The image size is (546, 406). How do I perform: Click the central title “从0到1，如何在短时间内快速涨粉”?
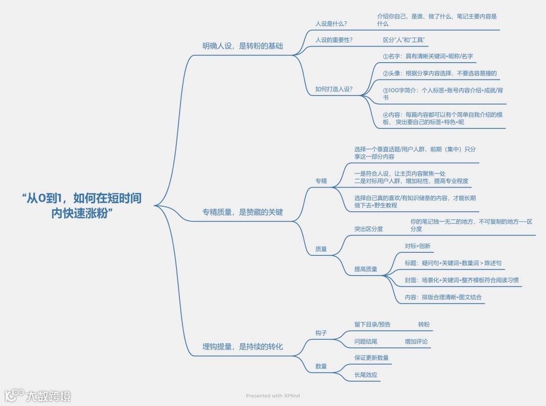81,205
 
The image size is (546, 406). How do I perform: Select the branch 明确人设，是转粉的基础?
243,46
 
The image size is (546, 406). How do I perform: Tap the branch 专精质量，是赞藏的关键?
243,212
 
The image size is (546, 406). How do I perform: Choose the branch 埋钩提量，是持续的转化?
243,347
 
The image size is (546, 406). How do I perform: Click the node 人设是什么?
331,24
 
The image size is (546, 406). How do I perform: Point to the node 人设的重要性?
334,40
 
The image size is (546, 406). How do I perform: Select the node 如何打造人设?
334,89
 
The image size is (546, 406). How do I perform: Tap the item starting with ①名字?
428,56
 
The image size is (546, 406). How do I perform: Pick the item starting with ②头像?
439,73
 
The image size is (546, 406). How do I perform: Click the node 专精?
321,181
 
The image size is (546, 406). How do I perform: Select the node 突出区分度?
369,229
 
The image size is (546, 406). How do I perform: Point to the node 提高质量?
366,269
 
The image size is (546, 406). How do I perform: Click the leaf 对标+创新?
418,246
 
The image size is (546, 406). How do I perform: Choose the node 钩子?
321,333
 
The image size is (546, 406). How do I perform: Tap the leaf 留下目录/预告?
372,324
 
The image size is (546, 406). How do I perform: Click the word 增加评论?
416,341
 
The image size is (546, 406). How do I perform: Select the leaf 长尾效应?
366,375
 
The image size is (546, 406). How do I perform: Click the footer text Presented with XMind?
273,396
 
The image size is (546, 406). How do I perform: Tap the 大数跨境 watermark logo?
38,395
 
